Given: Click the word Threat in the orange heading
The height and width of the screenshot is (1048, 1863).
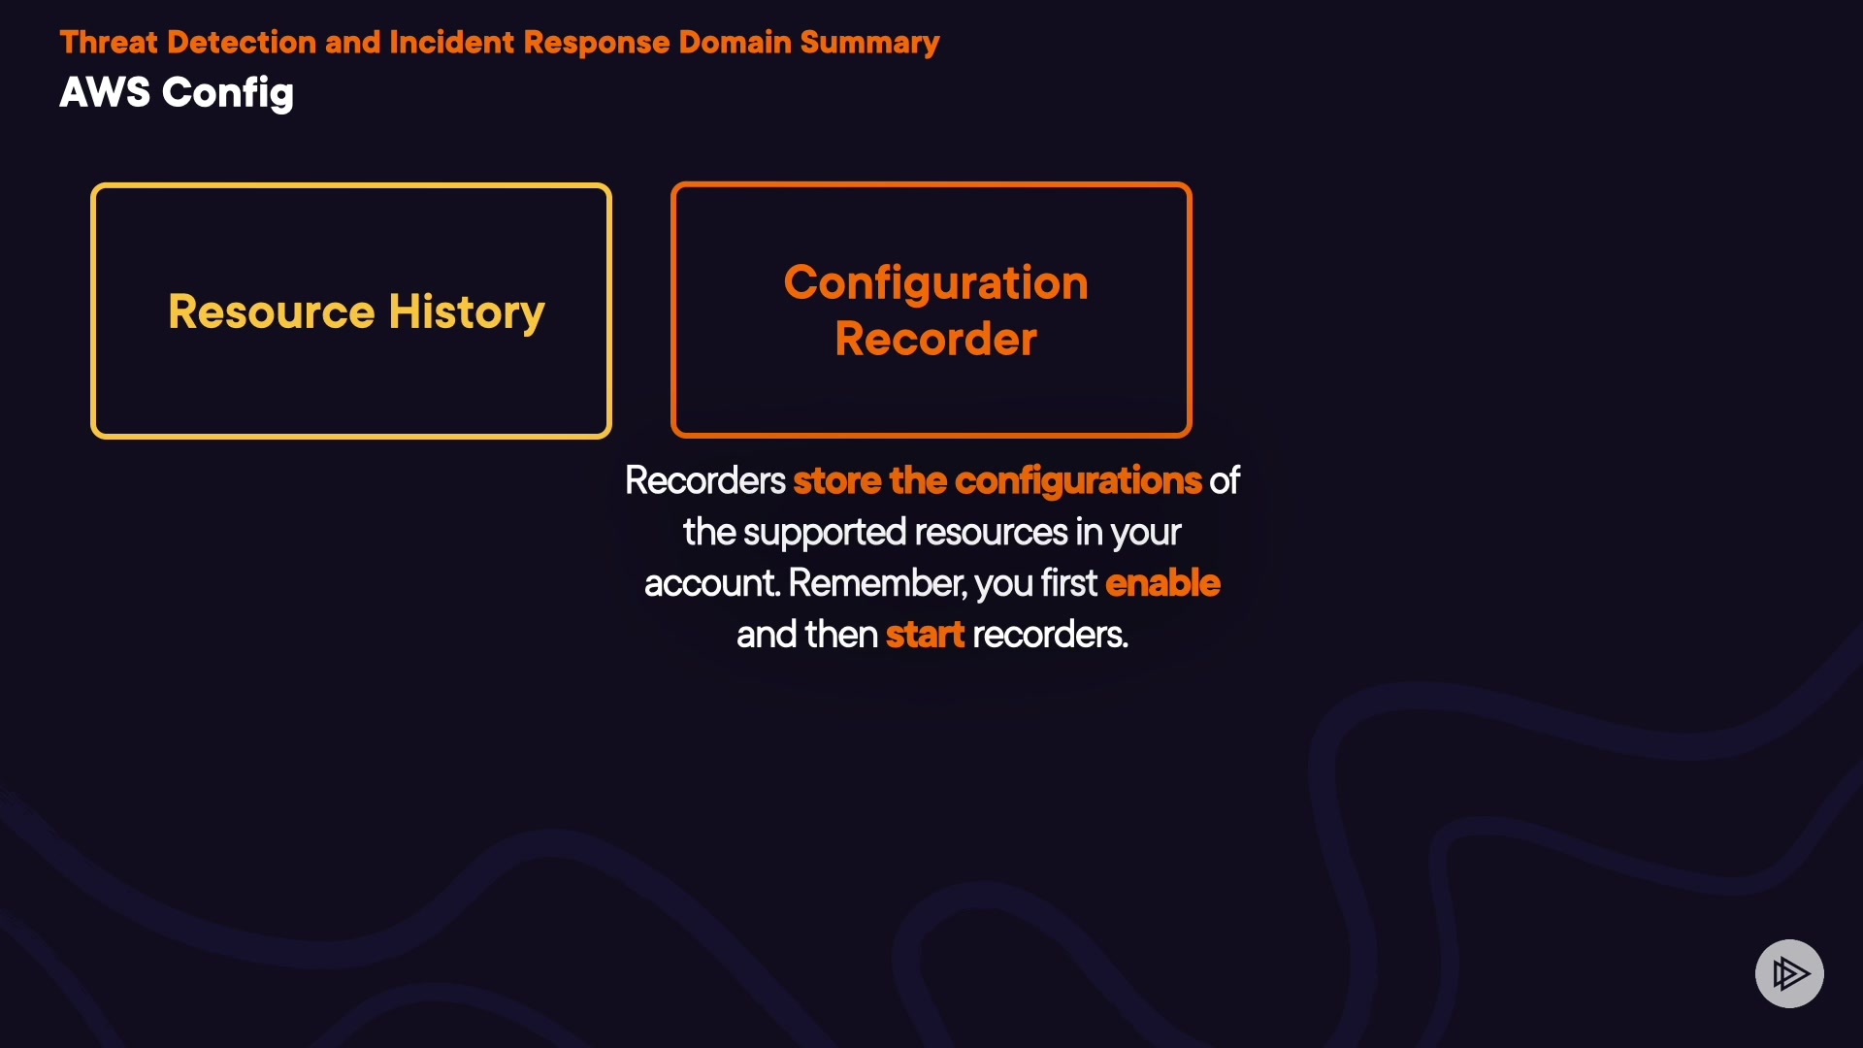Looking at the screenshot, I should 108,43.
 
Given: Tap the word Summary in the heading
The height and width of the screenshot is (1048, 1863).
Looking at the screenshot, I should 869,43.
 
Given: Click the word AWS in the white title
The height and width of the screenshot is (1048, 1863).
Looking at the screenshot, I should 105,93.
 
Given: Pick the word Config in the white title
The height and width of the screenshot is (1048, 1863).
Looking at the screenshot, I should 228,93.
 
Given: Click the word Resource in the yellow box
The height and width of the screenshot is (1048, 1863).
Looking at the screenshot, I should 271,311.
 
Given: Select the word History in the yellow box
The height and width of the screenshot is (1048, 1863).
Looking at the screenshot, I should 467,311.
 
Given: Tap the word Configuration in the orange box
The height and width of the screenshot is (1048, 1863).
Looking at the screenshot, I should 935,283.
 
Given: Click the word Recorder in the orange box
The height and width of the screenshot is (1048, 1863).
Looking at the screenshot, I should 935,340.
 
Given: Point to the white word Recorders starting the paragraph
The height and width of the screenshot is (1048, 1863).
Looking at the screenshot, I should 704,481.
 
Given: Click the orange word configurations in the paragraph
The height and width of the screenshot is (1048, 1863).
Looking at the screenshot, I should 1078,481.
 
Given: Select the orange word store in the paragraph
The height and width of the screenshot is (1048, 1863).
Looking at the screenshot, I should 836,481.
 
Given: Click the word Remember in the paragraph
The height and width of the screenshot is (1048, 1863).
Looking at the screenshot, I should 877,583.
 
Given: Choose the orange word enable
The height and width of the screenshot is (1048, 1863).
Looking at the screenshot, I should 1162,583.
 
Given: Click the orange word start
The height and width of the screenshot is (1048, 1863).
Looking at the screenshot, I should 925,635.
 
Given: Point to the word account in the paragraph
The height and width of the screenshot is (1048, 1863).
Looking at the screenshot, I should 711,583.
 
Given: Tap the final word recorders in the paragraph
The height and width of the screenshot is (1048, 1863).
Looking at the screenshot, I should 1050,635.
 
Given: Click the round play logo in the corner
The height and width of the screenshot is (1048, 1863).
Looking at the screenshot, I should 1789,973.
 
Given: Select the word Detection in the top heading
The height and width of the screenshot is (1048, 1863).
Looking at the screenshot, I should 241,43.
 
